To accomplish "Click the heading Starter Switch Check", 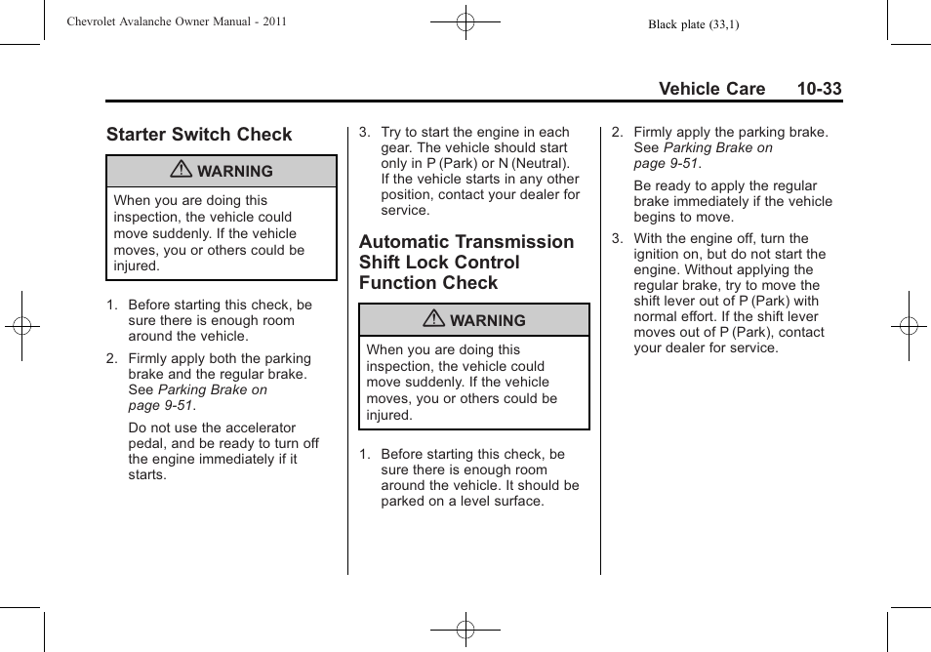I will pos(199,135).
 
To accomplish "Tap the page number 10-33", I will pos(818,89).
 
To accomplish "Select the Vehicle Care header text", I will pos(711,89).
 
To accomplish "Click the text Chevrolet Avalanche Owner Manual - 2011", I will pos(177,21).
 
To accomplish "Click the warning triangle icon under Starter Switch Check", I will pos(182,171).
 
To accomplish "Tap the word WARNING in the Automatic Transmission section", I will pos(487,320).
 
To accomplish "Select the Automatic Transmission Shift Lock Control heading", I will pos(465,262).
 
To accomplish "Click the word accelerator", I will pos(260,428).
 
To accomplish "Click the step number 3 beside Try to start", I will pos(363,132).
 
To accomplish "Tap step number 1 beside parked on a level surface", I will pos(363,454).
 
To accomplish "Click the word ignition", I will pos(658,254).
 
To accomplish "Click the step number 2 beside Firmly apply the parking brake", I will pos(616,132).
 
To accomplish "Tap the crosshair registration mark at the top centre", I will pos(465,21).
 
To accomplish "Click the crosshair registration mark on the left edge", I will pos(21,326).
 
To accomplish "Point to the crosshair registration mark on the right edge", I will pos(909,326).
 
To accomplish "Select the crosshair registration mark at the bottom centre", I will pos(465,630).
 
